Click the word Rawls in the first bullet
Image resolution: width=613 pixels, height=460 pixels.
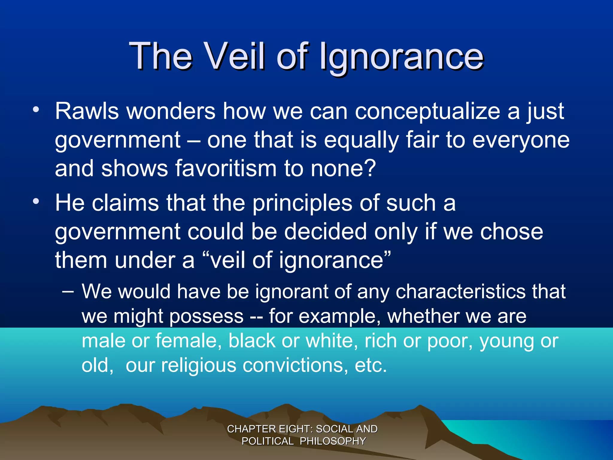click(x=87, y=111)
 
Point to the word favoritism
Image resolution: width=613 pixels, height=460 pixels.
click(x=226, y=168)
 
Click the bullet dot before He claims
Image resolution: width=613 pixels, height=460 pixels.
click(x=36, y=201)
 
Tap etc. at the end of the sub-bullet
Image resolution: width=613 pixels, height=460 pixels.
click(x=371, y=365)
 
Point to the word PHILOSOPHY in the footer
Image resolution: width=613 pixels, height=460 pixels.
click(x=333, y=441)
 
